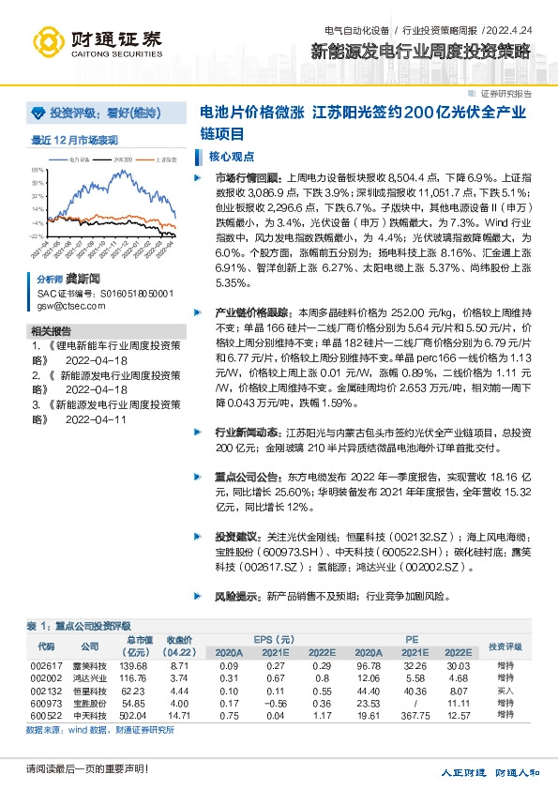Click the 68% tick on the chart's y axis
[38, 170]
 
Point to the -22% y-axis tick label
[37, 236]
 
